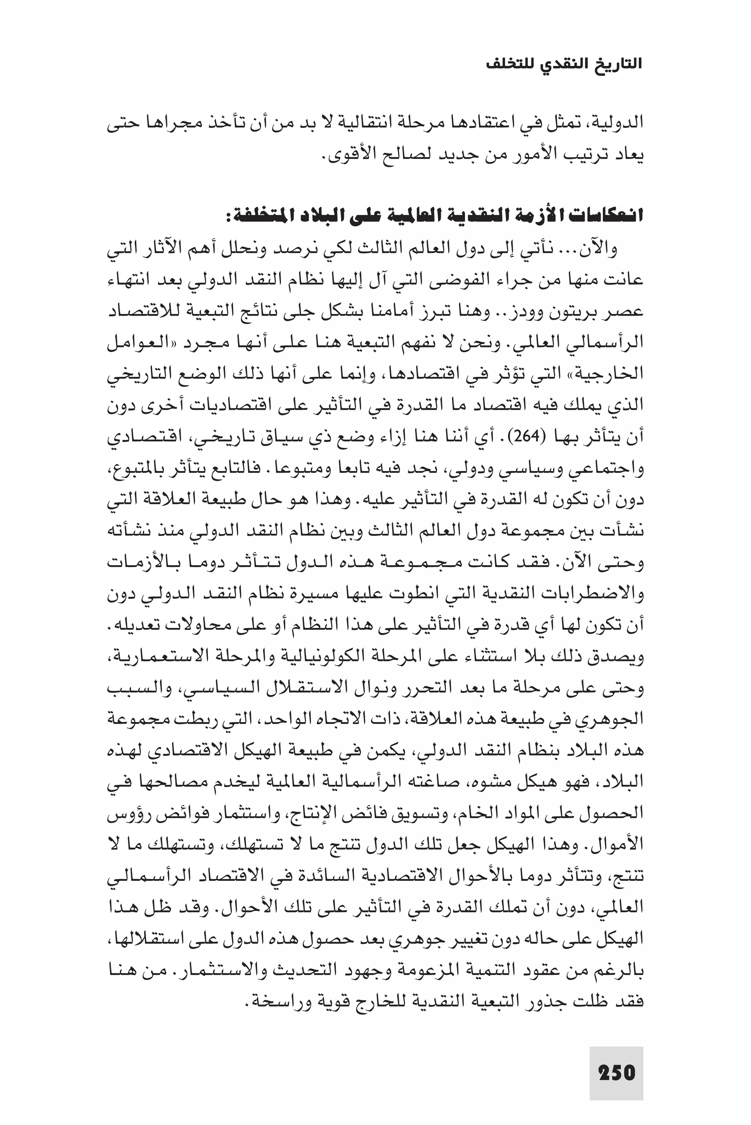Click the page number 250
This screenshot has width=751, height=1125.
[616, 1073]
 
